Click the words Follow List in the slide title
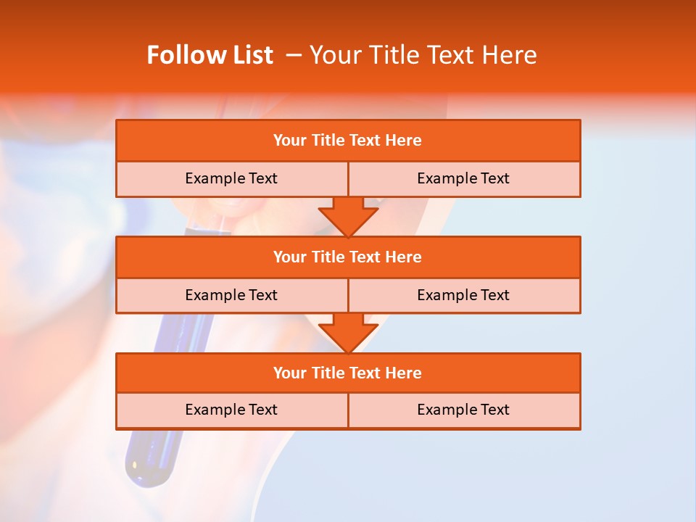210,55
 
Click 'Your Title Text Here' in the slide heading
423,55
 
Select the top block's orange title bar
348,141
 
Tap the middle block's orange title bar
348,257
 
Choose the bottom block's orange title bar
348,373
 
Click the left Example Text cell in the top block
231,178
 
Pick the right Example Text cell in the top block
463,178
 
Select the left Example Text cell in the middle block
231,295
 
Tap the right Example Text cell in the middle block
463,295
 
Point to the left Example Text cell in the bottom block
231,410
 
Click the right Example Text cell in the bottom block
463,410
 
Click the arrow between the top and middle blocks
348,216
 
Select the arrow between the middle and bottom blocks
348,333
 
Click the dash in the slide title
294,55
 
